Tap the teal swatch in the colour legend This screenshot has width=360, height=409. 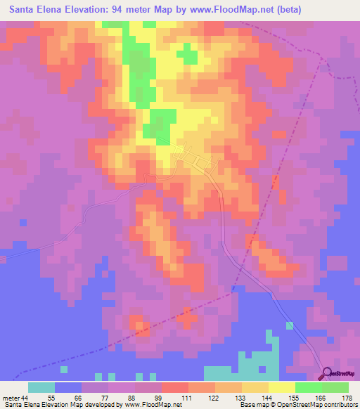coord(41,387)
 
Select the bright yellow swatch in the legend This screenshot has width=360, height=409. coord(281,387)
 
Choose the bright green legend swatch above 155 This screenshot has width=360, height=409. coord(308,387)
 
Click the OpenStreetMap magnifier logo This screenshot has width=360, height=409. coord(326,373)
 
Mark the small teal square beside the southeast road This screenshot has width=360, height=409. coord(289,325)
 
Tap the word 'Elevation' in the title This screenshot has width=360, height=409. coord(89,11)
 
